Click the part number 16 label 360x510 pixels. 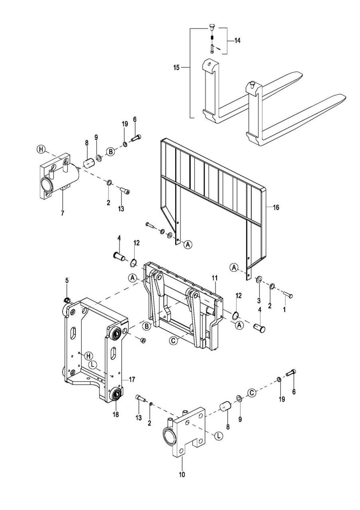point(276,207)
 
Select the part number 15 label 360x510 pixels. point(176,68)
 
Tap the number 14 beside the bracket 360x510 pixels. point(237,41)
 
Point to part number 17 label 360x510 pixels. point(132,379)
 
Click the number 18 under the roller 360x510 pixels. point(116,414)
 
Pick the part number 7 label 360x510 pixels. point(62,213)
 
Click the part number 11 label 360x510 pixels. point(214,278)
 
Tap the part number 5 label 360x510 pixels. point(67,281)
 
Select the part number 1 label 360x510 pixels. point(284,309)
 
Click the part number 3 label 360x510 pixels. point(259,301)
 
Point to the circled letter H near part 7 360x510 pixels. point(41,149)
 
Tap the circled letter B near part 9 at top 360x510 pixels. point(110,152)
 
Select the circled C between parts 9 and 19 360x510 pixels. point(252,393)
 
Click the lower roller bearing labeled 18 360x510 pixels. point(117,396)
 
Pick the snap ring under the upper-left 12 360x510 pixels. point(134,263)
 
